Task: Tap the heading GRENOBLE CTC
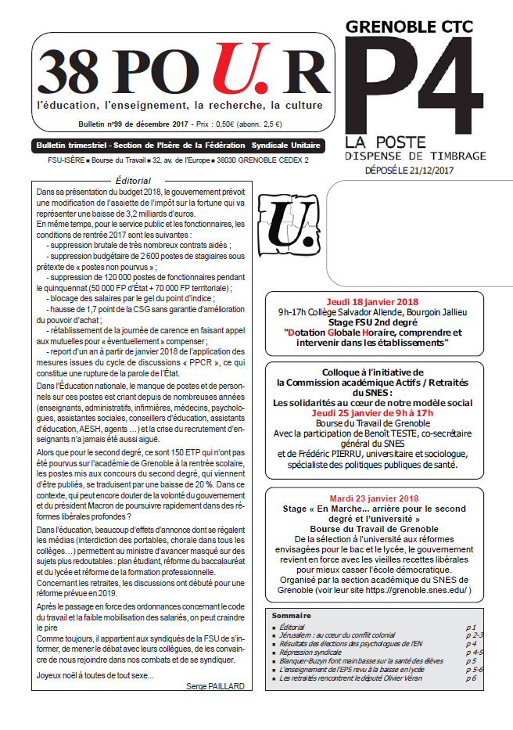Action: pos(410,27)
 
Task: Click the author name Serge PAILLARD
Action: pos(216,686)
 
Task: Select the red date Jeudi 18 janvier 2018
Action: pos(372,302)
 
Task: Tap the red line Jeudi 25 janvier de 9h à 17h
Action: pos(372,412)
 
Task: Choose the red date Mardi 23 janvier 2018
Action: pos(372,498)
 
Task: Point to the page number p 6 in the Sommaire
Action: pos(471,677)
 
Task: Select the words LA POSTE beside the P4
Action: pos(378,142)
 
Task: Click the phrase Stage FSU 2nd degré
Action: pos(372,322)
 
